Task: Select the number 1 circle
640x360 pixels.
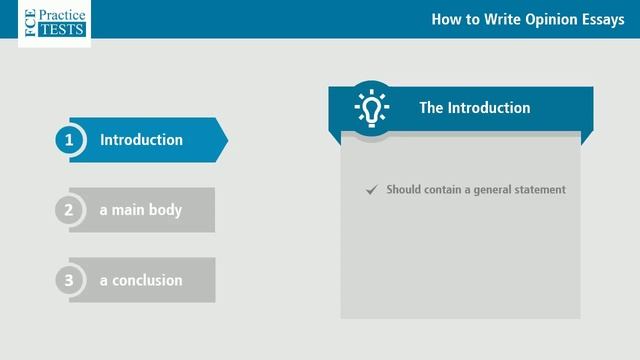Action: tap(69, 140)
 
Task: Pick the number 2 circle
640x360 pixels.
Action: tap(69, 210)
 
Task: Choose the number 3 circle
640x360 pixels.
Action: tap(69, 280)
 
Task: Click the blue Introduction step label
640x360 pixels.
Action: tap(141, 140)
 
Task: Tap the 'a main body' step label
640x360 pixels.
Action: tap(140, 210)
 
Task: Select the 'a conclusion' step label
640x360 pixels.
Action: tap(141, 280)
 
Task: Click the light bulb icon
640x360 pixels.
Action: tap(372, 107)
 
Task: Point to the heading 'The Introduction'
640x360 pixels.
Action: tap(474, 108)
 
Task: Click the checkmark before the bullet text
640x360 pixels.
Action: tap(372, 189)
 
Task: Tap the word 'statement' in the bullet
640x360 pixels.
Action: tap(539, 190)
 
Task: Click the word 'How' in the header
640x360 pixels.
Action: tap(445, 19)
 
